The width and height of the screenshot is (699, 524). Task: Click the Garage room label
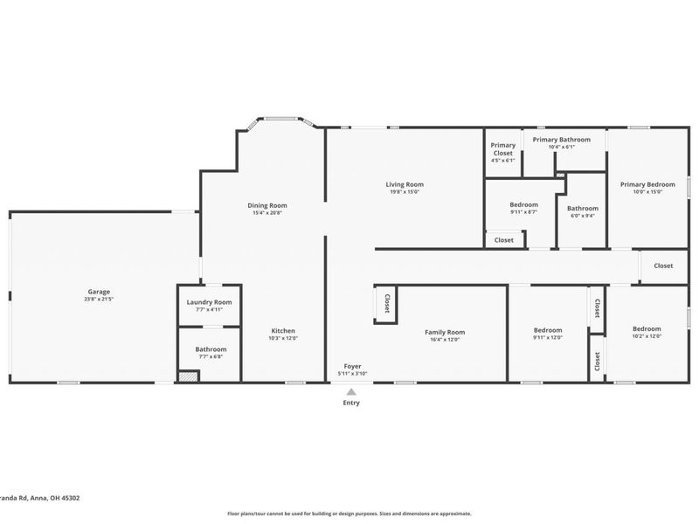pos(99,292)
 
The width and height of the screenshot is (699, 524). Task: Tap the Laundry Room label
pos(209,302)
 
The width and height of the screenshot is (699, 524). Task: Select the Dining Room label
pos(266,205)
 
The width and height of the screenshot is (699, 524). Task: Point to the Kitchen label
pos(283,331)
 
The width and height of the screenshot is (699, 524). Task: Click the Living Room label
pos(405,184)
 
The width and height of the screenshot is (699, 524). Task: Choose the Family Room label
pos(445,332)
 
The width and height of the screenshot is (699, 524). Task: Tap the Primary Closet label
pos(502,149)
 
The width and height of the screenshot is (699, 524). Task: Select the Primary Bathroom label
pos(561,140)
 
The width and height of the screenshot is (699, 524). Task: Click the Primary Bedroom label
pos(647,184)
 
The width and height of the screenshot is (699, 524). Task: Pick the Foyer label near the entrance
pos(352,366)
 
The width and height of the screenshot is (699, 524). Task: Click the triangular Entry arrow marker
pos(351,392)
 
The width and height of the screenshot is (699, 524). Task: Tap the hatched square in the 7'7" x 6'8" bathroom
pos(188,376)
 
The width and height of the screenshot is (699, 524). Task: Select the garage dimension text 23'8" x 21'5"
pos(99,300)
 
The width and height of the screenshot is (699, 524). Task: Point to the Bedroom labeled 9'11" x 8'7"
pos(523,205)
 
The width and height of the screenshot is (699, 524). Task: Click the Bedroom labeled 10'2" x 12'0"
pos(647,329)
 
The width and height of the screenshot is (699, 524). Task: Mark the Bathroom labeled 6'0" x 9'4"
pos(582,209)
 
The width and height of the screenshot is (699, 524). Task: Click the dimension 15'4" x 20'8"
pos(266,213)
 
